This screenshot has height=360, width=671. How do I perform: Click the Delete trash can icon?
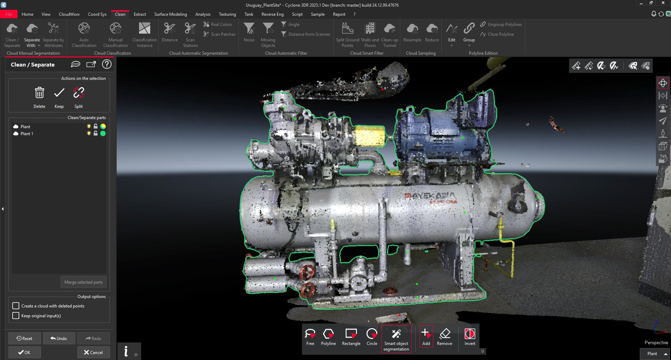tap(39, 93)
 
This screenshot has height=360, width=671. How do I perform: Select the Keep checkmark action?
tap(59, 93)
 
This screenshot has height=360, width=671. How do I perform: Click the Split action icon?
tap(78, 93)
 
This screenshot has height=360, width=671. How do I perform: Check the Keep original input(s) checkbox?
tap(16, 316)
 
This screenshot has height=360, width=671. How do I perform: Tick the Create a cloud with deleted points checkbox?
tap(16, 306)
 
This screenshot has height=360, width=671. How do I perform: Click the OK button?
tap(25, 352)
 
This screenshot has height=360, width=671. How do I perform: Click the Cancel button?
tap(94, 352)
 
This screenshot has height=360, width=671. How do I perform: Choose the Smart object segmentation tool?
tap(396, 339)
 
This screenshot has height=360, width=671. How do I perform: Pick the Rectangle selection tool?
tap(351, 337)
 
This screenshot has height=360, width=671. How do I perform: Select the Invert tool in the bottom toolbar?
tap(470, 337)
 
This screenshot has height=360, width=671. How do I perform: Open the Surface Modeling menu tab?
tap(171, 14)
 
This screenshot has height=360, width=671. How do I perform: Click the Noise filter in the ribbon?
tap(249, 32)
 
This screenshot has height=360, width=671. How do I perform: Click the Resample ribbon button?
tap(412, 32)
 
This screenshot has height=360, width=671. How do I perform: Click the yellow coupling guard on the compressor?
tap(369, 136)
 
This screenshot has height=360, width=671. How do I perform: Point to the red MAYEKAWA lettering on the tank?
tap(429, 196)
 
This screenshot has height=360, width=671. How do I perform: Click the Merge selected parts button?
tap(83, 282)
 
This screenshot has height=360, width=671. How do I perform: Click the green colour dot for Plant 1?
tap(103, 133)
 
